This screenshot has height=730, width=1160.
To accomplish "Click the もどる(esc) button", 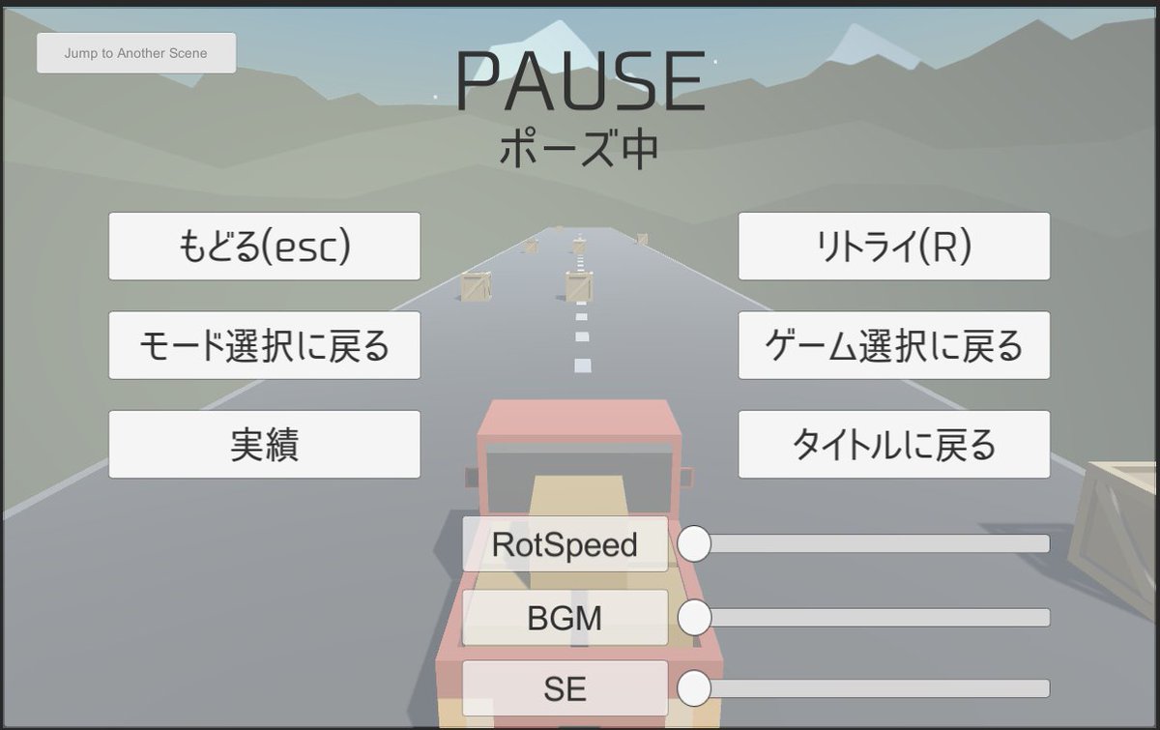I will (x=264, y=247).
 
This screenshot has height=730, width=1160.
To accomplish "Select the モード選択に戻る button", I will (x=264, y=345).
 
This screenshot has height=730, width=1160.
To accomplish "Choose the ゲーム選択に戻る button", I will (x=893, y=345).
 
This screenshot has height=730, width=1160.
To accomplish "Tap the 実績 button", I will (x=264, y=444).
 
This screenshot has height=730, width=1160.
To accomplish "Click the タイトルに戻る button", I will (x=893, y=444).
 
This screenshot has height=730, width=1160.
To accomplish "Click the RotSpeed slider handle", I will (x=694, y=543).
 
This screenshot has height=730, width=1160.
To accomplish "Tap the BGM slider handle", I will (x=694, y=617).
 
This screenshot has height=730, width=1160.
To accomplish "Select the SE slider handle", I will (x=694, y=688).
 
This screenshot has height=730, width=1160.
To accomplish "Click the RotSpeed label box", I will (x=565, y=544).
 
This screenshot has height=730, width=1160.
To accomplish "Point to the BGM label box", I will (x=565, y=618).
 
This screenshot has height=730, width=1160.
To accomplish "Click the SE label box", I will (x=565, y=688).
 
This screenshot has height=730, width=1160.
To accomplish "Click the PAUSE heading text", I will (x=581, y=81).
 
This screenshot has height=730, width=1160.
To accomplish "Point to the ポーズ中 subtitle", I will (x=580, y=149).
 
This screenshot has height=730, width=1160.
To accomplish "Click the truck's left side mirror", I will (x=471, y=477).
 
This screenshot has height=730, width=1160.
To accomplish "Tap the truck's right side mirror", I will (x=687, y=477).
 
